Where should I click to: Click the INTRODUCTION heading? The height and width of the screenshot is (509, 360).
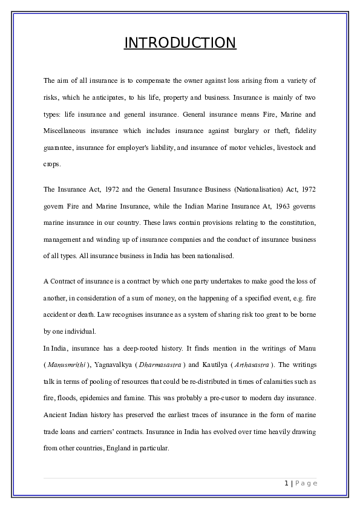click(x=180, y=43)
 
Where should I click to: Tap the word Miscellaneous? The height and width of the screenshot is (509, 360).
click(x=67, y=131)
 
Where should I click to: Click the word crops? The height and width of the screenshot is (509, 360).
click(x=53, y=164)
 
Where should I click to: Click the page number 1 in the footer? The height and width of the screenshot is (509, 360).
click(x=285, y=483)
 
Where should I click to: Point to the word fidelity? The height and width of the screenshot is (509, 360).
click(x=303, y=131)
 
